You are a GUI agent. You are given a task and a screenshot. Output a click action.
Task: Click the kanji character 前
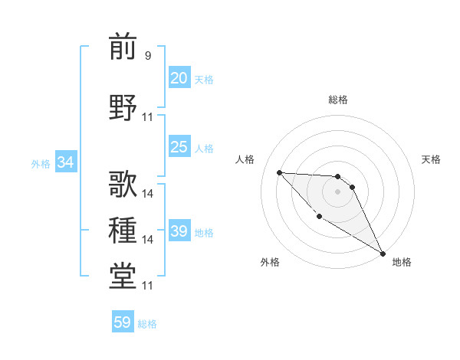pos(123,47)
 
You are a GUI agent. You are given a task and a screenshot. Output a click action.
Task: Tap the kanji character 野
pos(123,106)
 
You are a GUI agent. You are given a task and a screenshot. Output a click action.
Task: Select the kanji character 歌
pos(123,184)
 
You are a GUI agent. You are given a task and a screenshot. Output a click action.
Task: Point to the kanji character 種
pos(123,229)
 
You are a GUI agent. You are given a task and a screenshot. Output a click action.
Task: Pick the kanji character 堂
pos(123,275)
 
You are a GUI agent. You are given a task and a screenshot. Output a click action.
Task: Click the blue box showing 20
pos(179,78)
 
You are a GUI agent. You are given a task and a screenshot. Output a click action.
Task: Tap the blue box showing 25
pos(179,147)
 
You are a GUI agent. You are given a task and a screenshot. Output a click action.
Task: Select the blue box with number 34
pos(65,162)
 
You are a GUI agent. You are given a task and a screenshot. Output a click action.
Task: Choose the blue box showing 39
pos(179,231)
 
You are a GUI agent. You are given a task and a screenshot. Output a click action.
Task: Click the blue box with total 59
pos(122,322)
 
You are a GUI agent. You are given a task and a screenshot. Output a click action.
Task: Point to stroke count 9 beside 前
pos(148,56)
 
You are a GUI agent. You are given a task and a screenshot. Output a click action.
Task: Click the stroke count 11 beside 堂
pos(148,286)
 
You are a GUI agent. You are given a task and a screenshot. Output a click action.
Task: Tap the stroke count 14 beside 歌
pos(148,194)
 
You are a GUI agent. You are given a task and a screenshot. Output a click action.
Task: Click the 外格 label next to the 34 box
pos(41,163)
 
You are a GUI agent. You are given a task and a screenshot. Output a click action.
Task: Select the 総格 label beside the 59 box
pos(147,324)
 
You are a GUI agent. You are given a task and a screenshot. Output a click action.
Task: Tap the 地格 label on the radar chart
pos(402,262)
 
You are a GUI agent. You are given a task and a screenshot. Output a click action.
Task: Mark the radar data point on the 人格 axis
pos(279,172)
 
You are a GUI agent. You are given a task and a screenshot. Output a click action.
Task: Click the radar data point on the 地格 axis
pos(383,254)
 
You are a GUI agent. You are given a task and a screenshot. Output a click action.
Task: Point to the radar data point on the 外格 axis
pos(319,216)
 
